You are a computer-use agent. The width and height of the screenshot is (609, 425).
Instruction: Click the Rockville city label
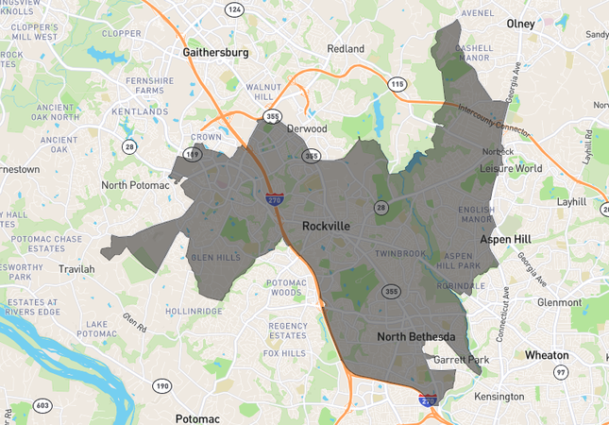pyautogui.click(x=326, y=227)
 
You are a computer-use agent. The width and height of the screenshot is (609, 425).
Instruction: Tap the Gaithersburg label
pyautogui.click(x=217, y=53)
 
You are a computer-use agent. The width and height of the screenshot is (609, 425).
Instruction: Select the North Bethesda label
pyautogui.click(x=416, y=337)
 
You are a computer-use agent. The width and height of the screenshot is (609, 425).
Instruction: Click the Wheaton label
pyautogui.click(x=548, y=355)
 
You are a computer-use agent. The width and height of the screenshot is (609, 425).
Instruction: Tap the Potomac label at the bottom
pyautogui.click(x=197, y=418)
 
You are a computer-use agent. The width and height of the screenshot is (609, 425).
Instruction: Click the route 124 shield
pyautogui.click(x=233, y=9)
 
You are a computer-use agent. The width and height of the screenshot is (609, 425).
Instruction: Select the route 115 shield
pyautogui.click(x=397, y=84)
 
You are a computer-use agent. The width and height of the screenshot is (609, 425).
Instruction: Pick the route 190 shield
pyautogui.click(x=162, y=385)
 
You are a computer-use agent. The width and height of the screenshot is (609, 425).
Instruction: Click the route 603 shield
pyautogui.click(x=42, y=405)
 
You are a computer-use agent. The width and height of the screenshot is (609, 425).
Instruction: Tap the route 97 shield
pyautogui.click(x=561, y=374)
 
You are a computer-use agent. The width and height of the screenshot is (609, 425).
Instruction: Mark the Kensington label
pyautogui.click(x=499, y=396)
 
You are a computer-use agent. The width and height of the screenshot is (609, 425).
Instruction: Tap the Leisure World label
pyautogui.click(x=511, y=168)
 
